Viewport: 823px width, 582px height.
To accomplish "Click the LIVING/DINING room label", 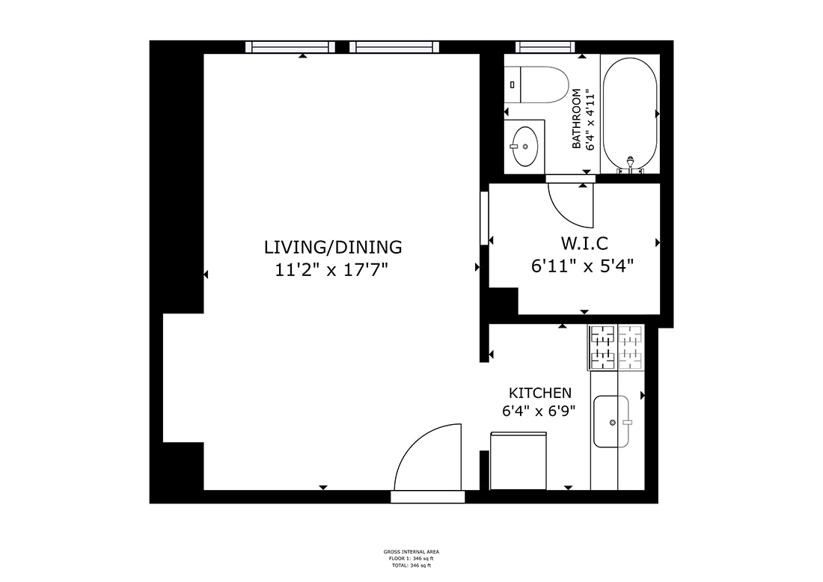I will pos(333,246).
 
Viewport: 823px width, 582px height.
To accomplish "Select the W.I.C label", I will pos(584,243).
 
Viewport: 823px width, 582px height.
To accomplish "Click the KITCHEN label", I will pos(540,393).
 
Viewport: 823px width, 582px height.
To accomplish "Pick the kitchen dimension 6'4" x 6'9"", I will pos(540,410).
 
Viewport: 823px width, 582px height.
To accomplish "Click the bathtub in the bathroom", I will pos(630,112).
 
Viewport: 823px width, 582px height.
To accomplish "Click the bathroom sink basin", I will pos(524,144).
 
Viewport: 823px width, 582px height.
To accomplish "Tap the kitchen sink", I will pos(611,422).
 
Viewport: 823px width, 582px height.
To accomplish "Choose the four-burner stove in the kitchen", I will pos(617,347).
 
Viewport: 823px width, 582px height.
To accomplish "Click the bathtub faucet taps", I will pos(630,167).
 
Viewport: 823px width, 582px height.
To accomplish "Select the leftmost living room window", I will pos(290,47).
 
